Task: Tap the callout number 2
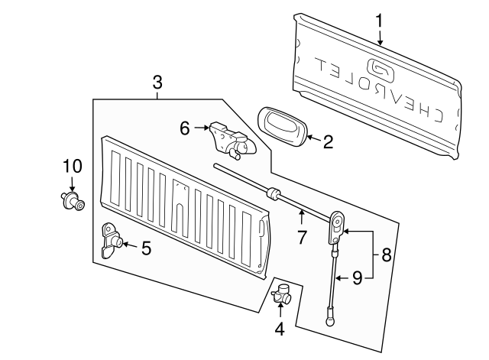[x=328, y=141]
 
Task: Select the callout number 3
[x=157, y=82]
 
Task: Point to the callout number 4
[x=280, y=329]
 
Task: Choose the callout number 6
[x=184, y=128]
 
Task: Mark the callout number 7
[x=302, y=237]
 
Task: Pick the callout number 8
[x=386, y=255]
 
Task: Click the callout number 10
[x=71, y=166]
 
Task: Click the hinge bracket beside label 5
[x=112, y=241]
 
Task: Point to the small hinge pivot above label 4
[x=283, y=294]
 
